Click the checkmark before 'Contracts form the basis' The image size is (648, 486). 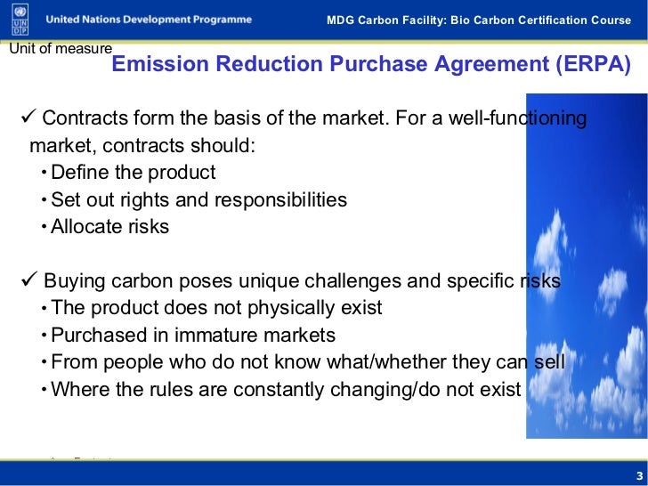click(x=27, y=118)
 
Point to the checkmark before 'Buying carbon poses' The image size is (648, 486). click(x=27, y=281)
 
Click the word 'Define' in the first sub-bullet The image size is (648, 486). click(x=79, y=172)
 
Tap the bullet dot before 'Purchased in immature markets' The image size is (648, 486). click(x=45, y=336)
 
